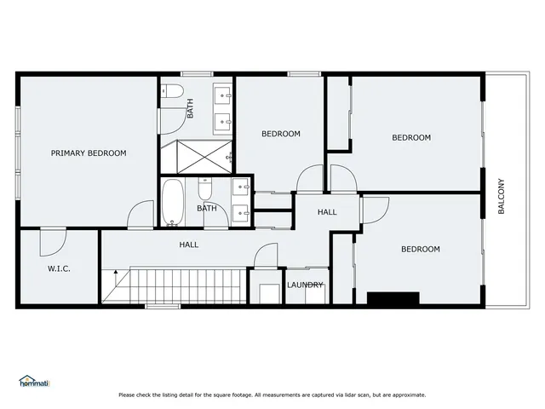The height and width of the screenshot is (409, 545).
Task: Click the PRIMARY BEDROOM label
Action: pos(89,153)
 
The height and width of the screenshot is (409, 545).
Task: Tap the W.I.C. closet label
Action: pos(59,268)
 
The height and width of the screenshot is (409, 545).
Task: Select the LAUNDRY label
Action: pos(305,285)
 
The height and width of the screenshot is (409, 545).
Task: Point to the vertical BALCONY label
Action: pos(502,196)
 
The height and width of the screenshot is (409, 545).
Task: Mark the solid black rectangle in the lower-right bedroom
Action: pos(393,298)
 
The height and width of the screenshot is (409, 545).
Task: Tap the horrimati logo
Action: pos(34,383)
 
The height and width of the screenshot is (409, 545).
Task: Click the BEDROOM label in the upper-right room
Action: pos(411,137)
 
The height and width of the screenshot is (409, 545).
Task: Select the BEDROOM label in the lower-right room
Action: pos(420,249)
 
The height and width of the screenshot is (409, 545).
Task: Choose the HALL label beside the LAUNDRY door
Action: pos(189,245)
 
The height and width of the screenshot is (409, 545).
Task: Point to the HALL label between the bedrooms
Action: pos(327,211)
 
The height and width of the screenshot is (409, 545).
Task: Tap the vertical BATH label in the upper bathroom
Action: pos(190,108)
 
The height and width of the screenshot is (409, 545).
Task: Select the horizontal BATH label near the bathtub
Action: pos(207,208)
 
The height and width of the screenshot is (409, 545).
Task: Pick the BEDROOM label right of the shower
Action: pos(280,134)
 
